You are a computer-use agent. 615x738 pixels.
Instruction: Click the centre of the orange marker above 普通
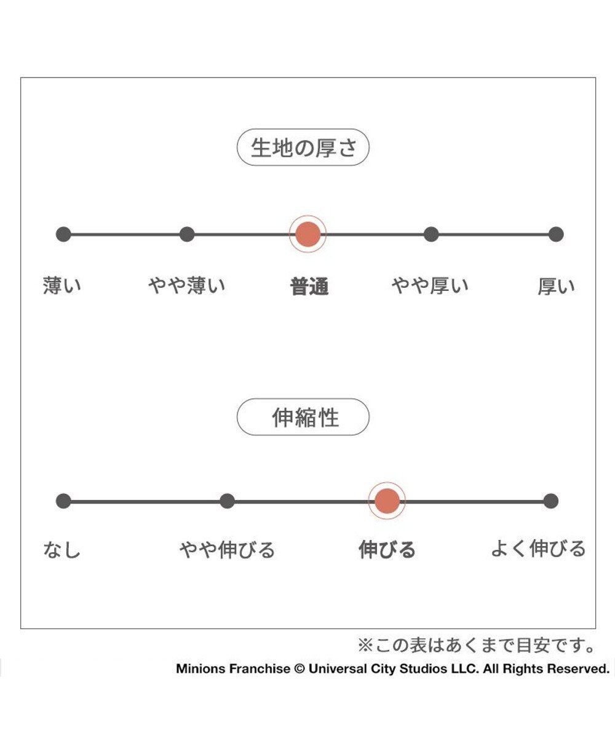307,234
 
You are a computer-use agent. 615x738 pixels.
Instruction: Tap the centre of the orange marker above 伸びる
387,501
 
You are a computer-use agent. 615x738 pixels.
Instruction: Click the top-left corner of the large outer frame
20,77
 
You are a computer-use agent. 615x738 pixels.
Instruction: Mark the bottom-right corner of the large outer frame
595,629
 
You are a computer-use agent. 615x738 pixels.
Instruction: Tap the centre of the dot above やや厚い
431,234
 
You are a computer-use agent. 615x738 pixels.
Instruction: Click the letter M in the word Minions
181,669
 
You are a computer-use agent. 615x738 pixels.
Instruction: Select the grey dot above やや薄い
187,234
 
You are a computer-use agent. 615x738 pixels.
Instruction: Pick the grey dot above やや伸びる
227,501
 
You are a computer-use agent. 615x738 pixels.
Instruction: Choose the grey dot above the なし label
63,501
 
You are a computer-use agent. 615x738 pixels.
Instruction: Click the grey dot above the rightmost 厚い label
556,234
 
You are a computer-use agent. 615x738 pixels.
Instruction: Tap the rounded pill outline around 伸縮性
303,417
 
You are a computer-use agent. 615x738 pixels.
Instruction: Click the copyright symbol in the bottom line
300,669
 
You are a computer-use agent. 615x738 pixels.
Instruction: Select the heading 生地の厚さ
304,148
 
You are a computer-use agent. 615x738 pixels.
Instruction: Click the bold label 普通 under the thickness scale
309,287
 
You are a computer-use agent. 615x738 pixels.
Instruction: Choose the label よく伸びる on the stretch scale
539,549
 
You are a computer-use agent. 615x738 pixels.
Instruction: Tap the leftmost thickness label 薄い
62,285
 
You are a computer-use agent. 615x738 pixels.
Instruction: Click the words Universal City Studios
378,669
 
